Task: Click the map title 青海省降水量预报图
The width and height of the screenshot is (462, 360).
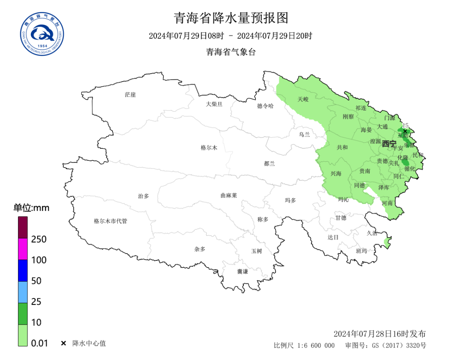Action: [x=231, y=18]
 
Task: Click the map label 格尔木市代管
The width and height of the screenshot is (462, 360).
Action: [x=110, y=221]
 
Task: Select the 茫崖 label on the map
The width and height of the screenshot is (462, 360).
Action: [x=130, y=94]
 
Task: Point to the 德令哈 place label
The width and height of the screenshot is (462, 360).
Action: [x=265, y=106]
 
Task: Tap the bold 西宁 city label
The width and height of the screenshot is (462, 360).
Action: [x=389, y=144]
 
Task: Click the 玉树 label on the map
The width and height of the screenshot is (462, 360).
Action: [x=256, y=251]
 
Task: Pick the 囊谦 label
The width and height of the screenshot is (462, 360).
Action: [x=243, y=271]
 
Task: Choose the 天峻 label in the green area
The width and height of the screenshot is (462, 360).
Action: [x=303, y=99]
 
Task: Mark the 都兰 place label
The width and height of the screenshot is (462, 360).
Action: [x=269, y=163]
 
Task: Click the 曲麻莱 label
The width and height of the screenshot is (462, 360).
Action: [x=228, y=195]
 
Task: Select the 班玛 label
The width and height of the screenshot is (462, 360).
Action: [x=361, y=251]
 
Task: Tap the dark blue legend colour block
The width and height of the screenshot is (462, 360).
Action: [x=23, y=270]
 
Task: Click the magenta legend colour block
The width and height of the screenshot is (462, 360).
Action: [x=23, y=249]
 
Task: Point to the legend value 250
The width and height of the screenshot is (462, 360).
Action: [x=39, y=239]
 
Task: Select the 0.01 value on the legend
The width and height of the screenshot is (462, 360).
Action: [x=40, y=343]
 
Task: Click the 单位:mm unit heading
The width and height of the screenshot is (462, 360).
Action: [x=31, y=208]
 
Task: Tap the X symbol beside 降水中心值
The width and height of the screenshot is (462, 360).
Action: [x=63, y=343]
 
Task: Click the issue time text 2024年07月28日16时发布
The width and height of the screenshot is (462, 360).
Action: [x=379, y=334]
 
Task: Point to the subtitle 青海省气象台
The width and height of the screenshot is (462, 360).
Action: [x=231, y=52]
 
